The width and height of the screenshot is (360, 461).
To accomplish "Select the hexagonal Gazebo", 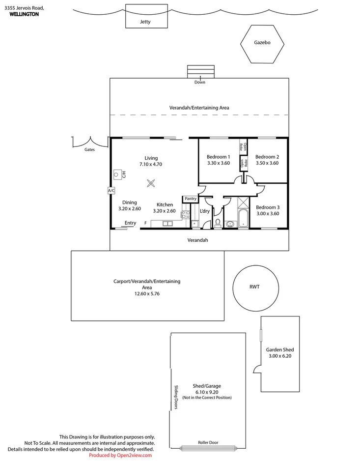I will coord(262,43).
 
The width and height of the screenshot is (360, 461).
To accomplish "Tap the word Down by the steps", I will coord(199,82).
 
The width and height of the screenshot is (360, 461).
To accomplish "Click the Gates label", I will coord(89,149).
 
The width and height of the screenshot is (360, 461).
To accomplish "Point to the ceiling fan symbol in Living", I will coord(151,183).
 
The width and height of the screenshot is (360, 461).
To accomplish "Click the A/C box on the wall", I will coord(111,190).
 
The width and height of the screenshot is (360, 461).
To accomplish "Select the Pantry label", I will coord(191,199).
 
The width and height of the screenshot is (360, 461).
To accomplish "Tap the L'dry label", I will coord(205,211).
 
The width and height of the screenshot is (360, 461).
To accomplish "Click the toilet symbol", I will coord(217,223).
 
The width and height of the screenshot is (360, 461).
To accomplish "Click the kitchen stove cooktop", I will coord(186,214).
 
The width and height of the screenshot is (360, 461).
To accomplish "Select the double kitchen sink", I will coord(167,224).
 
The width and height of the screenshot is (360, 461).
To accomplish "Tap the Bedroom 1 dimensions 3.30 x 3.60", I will coord(218,163).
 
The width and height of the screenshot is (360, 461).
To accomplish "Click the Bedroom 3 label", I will coord(268,207).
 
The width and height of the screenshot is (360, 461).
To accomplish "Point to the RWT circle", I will coord(254,287).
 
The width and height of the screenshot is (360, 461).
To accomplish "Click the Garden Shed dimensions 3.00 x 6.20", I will coord(280,356).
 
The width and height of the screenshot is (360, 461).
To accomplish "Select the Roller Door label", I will coord(208,442).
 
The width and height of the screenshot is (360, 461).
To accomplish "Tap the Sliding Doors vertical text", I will coord(175,397).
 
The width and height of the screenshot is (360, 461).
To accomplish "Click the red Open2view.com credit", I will coord(120,456).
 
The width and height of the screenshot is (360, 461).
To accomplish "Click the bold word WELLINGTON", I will coord(24,14).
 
